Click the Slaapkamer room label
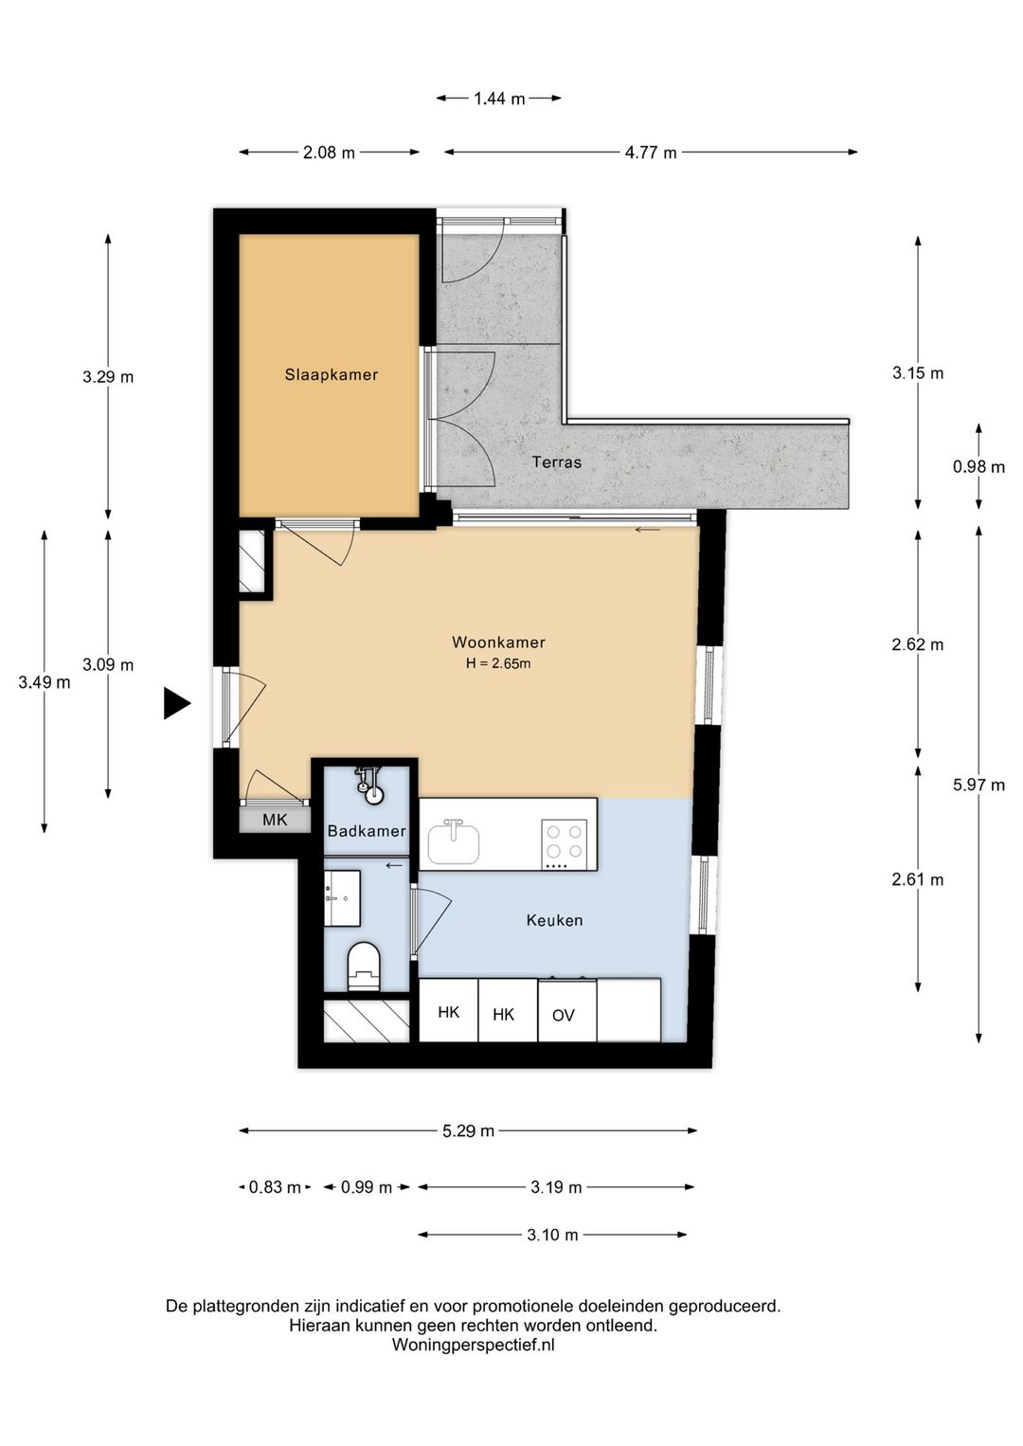point(332,374)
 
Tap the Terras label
point(556,462)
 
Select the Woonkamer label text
point(498,642)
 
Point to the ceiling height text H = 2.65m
point(498,663)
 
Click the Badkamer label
point(367,831)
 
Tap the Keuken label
point(554,920)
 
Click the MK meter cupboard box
point(275,820)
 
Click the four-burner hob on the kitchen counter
point(565,843)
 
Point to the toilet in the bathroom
point(364,966)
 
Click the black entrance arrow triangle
point(176,703)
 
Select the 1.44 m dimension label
point(499,99)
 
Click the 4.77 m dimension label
point(651,153)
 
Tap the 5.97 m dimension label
point(978,785)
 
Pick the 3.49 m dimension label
point(44,682)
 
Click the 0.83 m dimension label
point(275,1187)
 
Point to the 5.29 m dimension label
point(468,1131)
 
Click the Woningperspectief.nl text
point(473,1345)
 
